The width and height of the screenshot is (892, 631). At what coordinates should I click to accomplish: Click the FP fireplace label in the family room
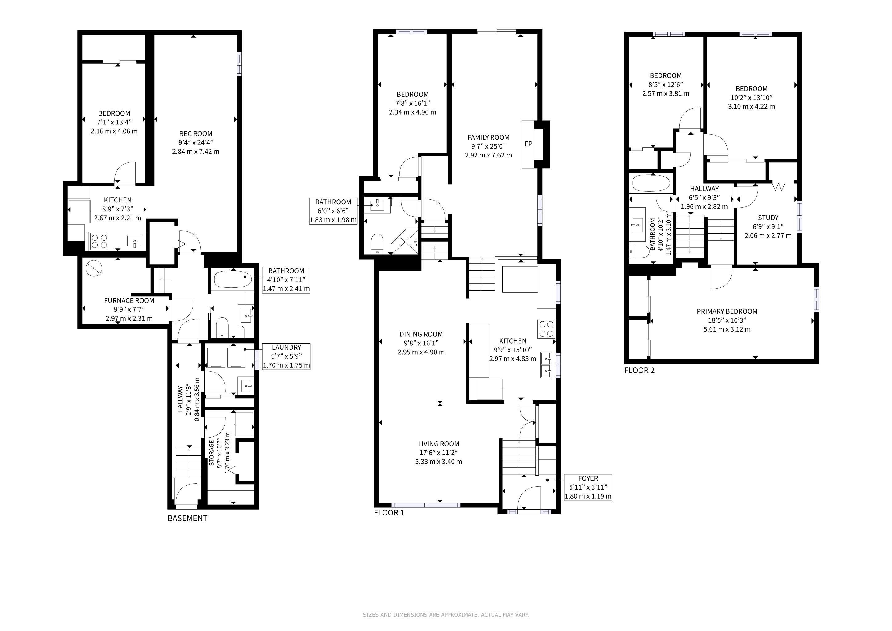[x=528, y=144]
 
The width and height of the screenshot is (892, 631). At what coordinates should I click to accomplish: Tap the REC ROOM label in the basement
[x=195, y=134]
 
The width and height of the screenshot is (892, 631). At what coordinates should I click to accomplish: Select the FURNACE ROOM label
[x=129, y=301]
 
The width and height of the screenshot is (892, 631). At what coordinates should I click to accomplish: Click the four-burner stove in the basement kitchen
[x=99, y=241]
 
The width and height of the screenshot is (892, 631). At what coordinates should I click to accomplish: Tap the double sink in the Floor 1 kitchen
[x=547, y=365]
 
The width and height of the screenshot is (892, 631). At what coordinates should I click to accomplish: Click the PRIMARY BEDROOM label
[x=727, y=311]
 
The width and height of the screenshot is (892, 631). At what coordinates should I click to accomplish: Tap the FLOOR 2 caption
[x=639, y=370]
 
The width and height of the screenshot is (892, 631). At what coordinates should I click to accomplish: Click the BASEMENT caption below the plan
[x=187, y=518]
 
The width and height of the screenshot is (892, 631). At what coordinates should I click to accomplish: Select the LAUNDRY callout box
[x=286, y=356]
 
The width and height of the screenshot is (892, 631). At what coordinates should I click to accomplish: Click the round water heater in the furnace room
[x=94, y=268]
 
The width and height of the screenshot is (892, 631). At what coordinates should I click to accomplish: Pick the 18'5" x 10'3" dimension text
[x=727, y=320]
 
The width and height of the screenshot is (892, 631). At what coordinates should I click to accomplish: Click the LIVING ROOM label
[x=439, y=444]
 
